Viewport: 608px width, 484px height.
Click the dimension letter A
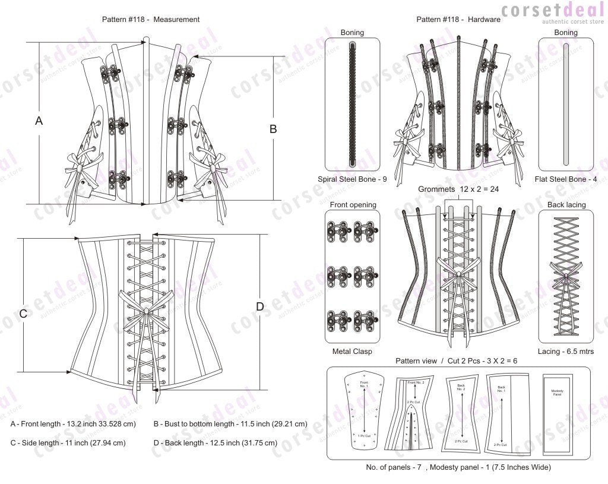(x=39, y=121)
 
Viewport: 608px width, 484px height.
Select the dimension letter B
(x=273, y=128)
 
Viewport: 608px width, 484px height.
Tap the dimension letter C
(x=23, y=314)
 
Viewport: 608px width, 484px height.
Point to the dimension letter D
(x=259, y=306)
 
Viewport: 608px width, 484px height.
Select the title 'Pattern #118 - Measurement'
(x=151, y=19)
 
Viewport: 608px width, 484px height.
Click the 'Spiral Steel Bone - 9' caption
(x=353, y=179)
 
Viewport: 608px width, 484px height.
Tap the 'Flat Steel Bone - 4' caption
(x=566, y=179)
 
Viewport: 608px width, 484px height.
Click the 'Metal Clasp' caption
(x=353, y=352)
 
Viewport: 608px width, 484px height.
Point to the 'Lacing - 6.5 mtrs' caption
(x=566, y=352)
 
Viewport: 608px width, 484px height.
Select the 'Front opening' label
(x=353, y=205)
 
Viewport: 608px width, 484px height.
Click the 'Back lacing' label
(x=566, y=205)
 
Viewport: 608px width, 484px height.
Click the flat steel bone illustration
(x=566, y=105)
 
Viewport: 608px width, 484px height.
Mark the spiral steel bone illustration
(x=353, y=105)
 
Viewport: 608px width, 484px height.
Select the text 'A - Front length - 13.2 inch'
(x=73, y=425)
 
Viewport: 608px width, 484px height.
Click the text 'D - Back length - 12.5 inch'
(x=215, y=443)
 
